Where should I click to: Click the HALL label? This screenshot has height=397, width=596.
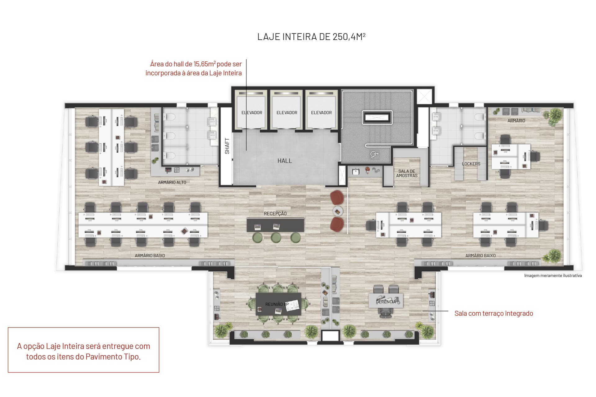pyautogui.click(x=285, y=161)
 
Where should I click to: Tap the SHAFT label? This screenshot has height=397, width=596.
pyautogui.click(x=227, y=146)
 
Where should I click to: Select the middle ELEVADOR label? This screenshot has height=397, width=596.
pyautogui.click(x=287, y=113)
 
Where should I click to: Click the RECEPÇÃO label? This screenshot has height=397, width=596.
pyautogui.click(x=275, y=213)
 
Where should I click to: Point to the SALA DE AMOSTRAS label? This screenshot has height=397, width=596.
pyautogui.click(x=407, y=173)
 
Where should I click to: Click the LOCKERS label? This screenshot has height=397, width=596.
pyautogui.click(x=471, y=164)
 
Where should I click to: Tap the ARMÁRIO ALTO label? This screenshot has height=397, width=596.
pyautogui.click(x=172, y=182)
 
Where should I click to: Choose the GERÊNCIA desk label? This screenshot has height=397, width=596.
pyautogui.click(x=386, y=302)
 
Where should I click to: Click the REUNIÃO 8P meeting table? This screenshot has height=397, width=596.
pyautogui.click(x=278, y=304)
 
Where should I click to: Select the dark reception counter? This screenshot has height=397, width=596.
pyautogui.click(x=275, y=225)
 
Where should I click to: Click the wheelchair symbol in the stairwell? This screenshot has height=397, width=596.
pyautogui.click(x=375, y=154)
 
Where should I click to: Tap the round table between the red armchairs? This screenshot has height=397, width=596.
pyautogui.click(x=337, y=212)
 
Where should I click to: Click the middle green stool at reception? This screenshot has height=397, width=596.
pyautogui.click(x=276, y=238)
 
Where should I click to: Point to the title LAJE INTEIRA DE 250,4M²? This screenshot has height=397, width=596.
pyautogui.click(x=311, y=37)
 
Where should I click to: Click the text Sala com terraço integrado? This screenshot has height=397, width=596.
pyautogui.click(x=494, y=313)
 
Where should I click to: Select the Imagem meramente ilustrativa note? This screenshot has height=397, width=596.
pyautogui.click(x=553, y=275)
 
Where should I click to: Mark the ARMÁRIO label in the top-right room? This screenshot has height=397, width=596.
pyautogui.click(x=516, y=121)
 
